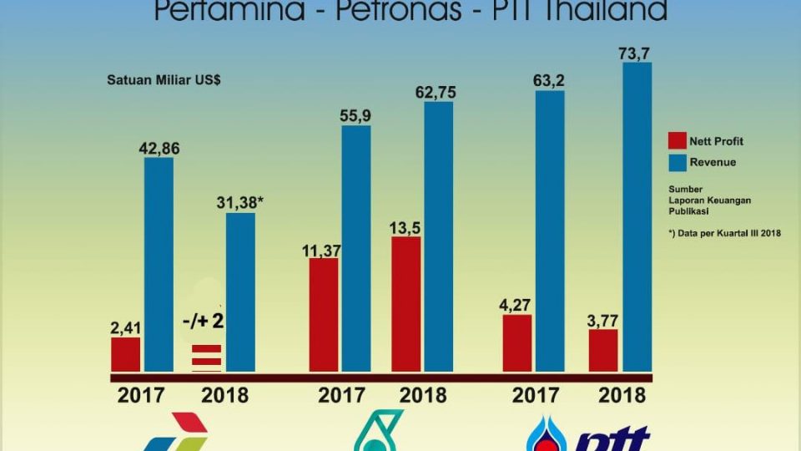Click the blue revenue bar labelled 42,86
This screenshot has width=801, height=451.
tap(159, 264)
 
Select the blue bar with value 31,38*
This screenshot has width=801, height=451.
tap(240, 292)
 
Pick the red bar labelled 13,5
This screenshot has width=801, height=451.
tap(406, 304)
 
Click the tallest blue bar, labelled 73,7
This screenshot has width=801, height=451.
tap(637, 217)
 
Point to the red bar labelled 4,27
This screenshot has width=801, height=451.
tap(517, 343)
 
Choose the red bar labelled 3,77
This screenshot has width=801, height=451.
tap(602, 350)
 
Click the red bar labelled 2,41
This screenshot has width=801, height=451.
tap(125, 354)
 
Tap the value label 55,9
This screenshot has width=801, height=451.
tap(355, 117)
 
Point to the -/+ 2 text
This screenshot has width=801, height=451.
tap(204, 320)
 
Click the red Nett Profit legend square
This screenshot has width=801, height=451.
tap(677, 141)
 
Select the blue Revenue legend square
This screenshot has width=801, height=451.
tap(677, 162)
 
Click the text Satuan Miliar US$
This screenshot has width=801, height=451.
tap(163, 81)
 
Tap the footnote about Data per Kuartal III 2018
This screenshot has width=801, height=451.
tap(724, 233)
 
